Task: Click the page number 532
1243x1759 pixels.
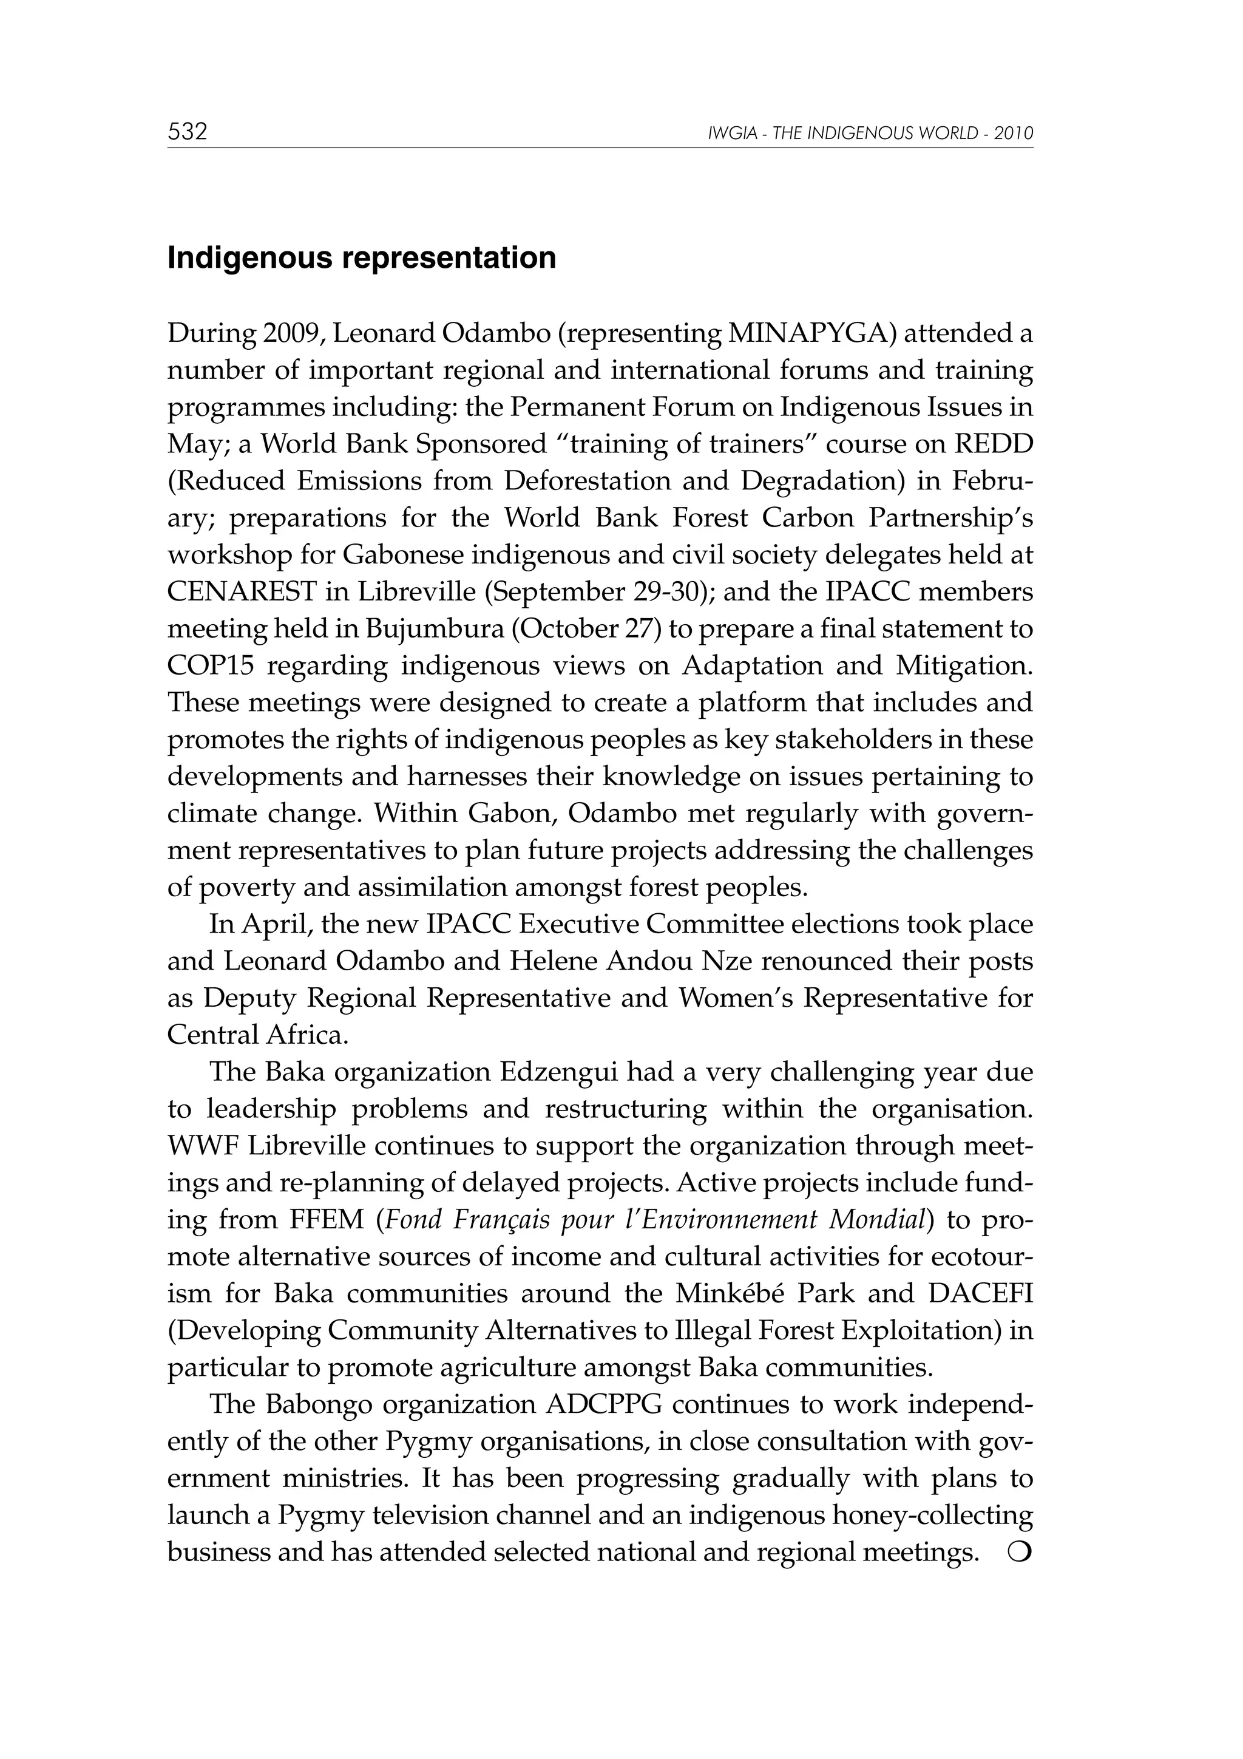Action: pyautogui.click(x=188, y=132)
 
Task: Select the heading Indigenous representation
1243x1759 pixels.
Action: pyautogui.click(x=362, y=258)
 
